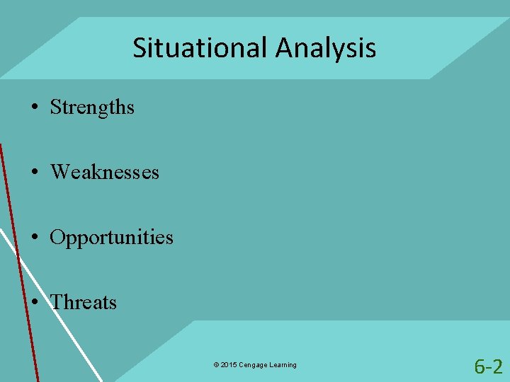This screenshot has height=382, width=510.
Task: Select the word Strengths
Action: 92,107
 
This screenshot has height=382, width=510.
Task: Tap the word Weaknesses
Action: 105,172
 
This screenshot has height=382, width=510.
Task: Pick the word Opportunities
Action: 111,237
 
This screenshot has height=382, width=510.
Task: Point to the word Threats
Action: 84,302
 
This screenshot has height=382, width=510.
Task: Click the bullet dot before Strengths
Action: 34,108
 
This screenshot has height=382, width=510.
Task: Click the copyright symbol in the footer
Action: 215,365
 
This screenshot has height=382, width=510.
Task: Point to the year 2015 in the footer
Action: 228,365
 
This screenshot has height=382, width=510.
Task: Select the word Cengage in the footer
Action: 253,365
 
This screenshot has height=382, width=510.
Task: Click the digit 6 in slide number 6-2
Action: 480,366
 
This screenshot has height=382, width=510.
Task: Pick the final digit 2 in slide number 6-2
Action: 497,366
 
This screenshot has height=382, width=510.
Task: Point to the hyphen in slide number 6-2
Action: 488,368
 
